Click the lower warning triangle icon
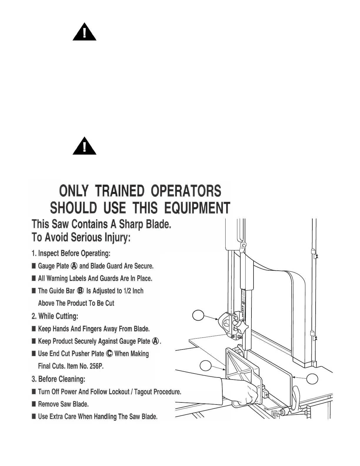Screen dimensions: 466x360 pos(84,147)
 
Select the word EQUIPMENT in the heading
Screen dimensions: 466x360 pos(197,208)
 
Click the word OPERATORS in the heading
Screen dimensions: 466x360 pos(186,191)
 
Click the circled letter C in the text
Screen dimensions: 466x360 pos(109,354)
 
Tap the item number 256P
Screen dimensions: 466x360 pos(96,366)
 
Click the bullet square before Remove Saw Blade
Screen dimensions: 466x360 pos(34,404)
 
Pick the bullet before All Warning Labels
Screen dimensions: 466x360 pos(34,278)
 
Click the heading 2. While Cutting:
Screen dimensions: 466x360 pos(55,316)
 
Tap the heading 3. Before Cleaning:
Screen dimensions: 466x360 pos(58,379)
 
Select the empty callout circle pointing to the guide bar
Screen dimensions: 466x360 pos(198,315)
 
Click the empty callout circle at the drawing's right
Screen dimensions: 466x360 pos(312,379)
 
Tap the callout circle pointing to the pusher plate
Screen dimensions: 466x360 pos(206,366)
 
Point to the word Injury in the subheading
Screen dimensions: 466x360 pos(117,237)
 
